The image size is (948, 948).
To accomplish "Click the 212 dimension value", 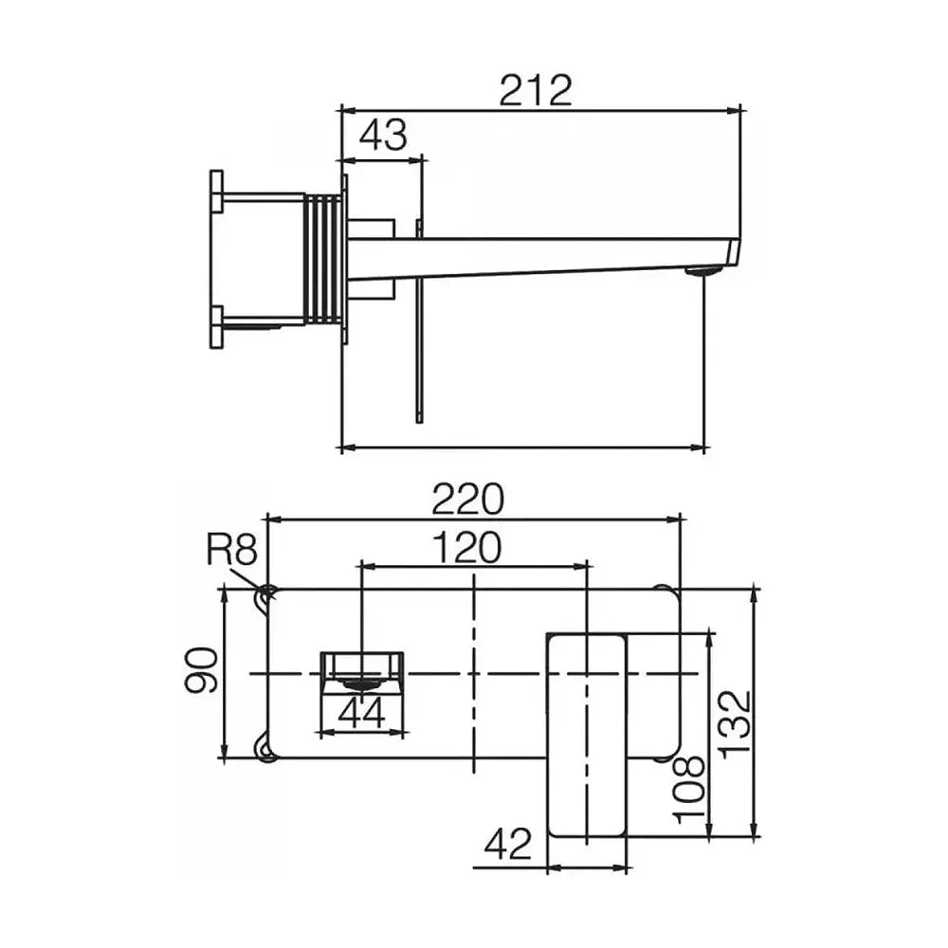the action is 536,91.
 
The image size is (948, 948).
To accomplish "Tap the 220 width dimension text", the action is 467,499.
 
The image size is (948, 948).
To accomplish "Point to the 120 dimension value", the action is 467,547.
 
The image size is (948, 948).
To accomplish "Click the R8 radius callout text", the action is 232,550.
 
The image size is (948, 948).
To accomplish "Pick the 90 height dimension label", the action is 201,670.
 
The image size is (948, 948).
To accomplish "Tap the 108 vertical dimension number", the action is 689,790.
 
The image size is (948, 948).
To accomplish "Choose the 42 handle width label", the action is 508,844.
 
